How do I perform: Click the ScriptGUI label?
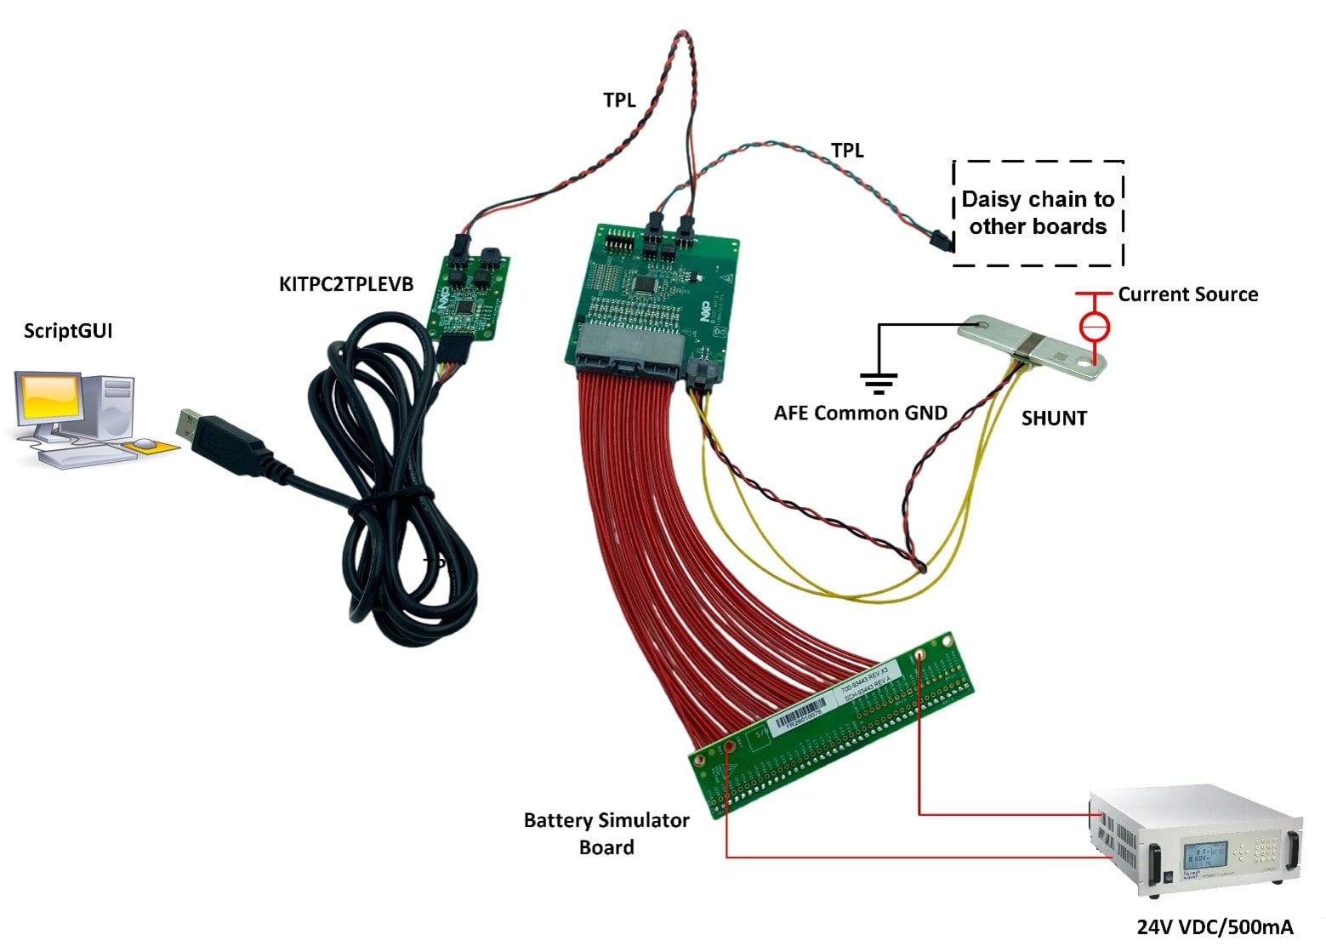(68, 331)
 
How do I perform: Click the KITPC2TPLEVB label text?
(346, 284)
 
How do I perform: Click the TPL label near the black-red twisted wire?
(619, 100)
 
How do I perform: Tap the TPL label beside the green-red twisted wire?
(846, 151)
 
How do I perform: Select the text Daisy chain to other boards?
(1038, 213)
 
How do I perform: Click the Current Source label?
(1187, 294)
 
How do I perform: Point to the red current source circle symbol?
(1094, 326)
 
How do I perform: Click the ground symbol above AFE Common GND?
(878, 383)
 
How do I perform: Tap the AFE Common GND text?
(860, 413)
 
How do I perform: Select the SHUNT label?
(1054, 419)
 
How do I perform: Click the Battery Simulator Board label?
(606, 834)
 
